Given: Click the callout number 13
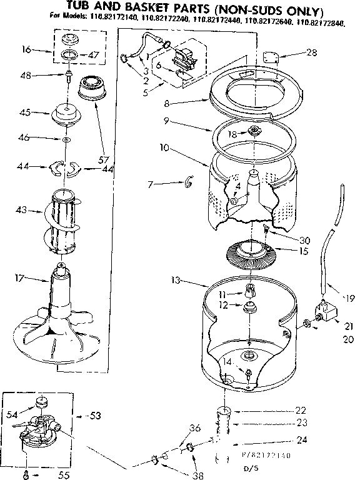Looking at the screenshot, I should tap(177, 281).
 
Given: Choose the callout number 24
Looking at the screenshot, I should tap(302, 440).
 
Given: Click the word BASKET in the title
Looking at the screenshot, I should tap(154, 11).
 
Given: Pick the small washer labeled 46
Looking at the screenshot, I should tap(66, 139).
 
